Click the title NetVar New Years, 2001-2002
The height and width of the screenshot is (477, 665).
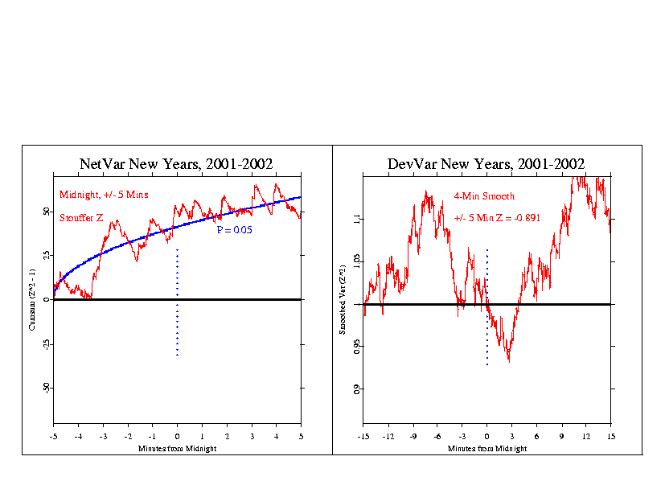(x=177, y=164)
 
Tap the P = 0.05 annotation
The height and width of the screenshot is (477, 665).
(x=234, y=230)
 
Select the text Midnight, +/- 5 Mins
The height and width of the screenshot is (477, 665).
(x=104, y=195)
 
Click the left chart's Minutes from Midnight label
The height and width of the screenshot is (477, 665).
(x=177, y=447)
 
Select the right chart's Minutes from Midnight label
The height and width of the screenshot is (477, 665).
(x=486, y=448)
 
